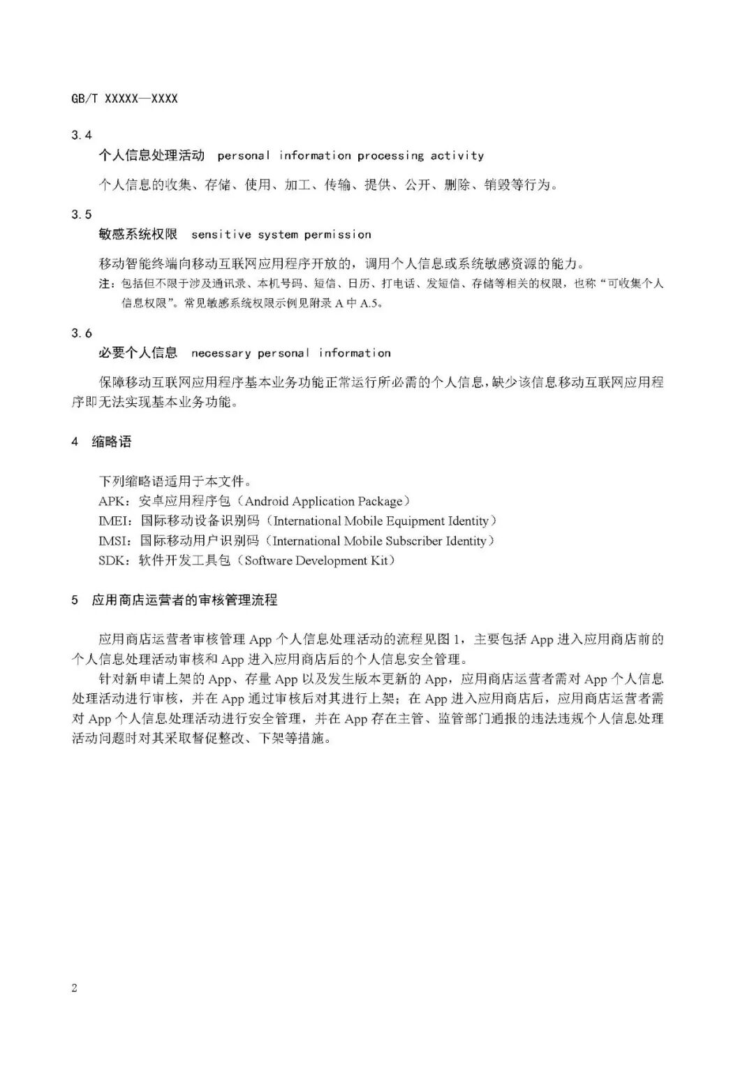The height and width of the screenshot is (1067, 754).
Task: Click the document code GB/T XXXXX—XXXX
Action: click(124, 99)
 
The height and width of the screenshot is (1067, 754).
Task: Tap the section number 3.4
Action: click(82, 135)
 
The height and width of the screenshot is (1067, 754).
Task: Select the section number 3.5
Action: click(82, 215)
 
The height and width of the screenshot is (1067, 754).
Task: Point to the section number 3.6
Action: click(82, 333)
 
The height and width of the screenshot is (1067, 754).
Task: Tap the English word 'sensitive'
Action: click(221, 235)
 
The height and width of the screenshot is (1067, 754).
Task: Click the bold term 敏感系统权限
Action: click(138, 235)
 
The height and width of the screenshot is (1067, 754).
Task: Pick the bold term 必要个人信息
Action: click(138, 354)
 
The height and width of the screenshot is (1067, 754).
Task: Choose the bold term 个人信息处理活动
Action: click(151, 156)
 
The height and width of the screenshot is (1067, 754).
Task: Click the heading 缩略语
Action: click(112, 442)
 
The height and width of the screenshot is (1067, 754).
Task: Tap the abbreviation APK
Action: click(112, 501)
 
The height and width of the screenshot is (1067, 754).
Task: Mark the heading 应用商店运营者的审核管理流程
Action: click(184, 600)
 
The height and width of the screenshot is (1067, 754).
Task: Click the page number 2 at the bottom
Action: click(75, 987)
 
